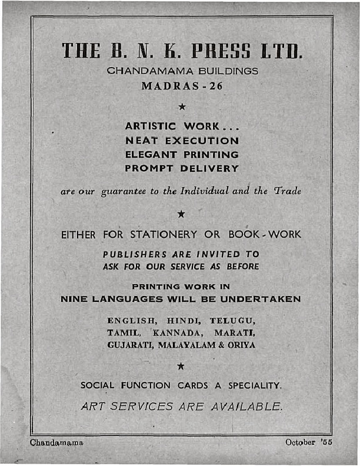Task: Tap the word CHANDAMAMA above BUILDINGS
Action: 148,71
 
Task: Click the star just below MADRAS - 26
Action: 182,106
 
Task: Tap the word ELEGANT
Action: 149,155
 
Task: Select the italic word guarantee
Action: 119,191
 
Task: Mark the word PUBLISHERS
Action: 134,255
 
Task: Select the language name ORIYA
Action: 242,345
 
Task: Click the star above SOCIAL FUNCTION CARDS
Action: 182,367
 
